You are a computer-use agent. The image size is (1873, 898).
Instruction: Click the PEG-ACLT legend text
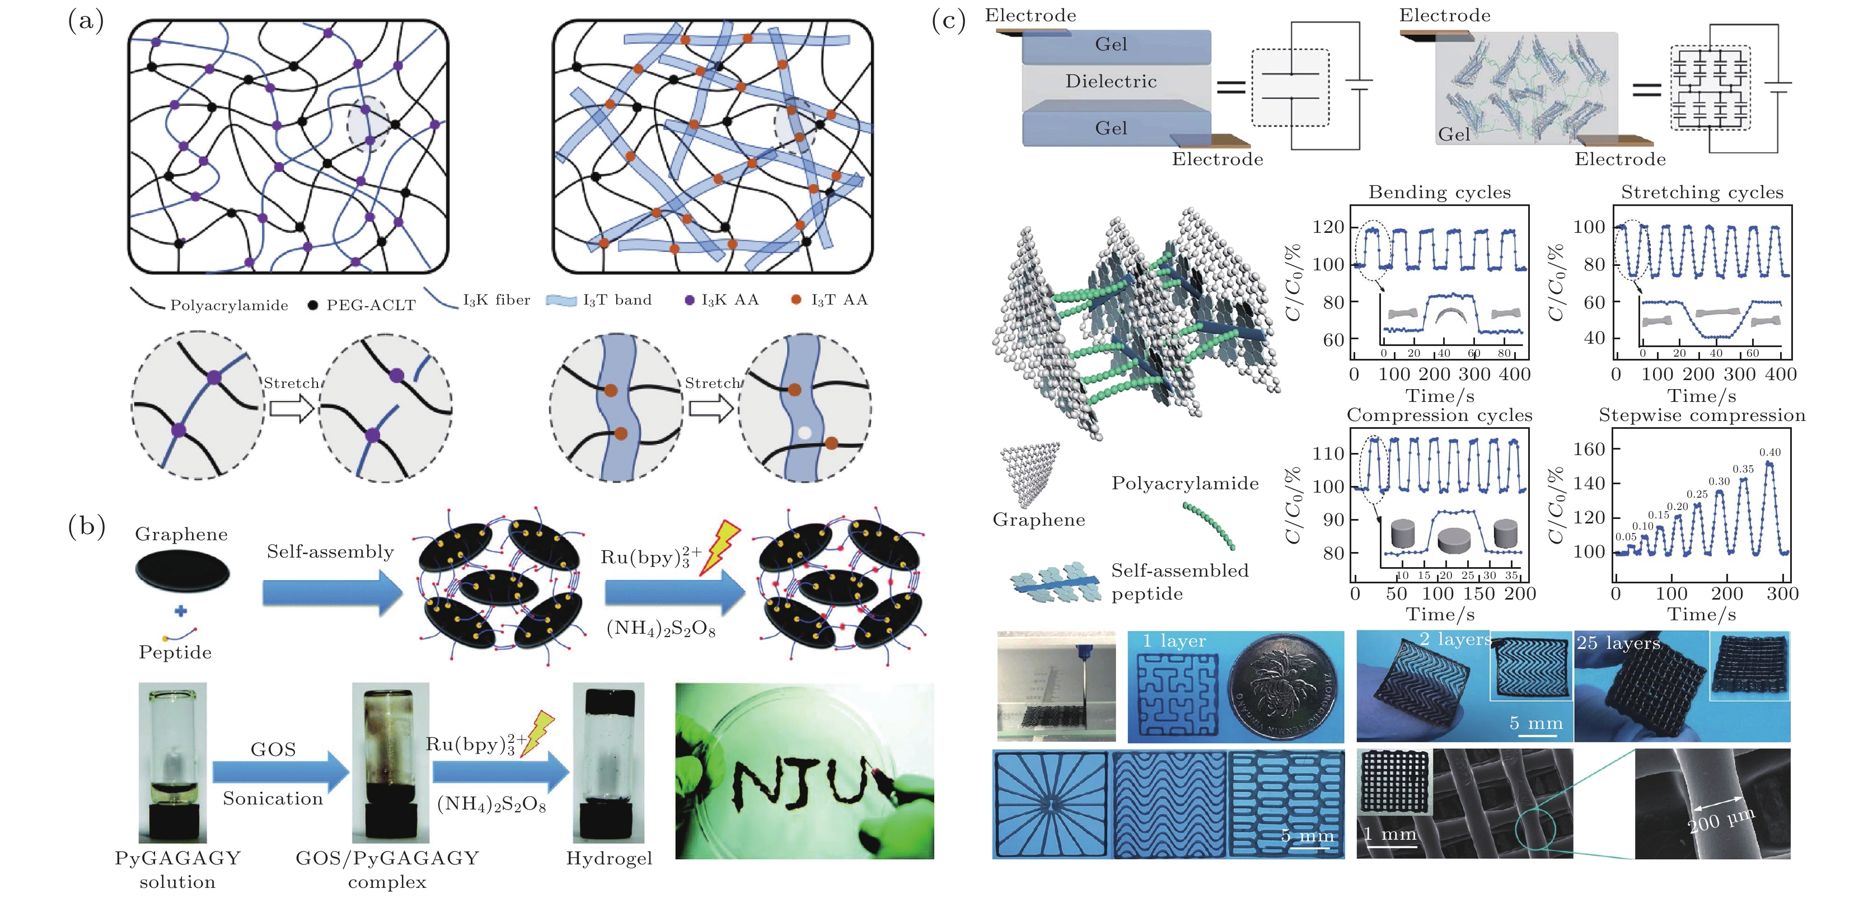pyautogui.click(x=371, y=305)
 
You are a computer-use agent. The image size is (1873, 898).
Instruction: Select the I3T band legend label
pyautogui.click(x=616, y=300)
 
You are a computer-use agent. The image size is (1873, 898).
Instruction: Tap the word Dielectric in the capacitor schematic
pyautogui.click(x=1110, y=81)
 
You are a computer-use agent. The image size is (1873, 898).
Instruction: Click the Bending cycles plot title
pyautogui.click(x=1439, y=193)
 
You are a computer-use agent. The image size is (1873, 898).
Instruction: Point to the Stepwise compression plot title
pyautogui.click(x=1701, y=415)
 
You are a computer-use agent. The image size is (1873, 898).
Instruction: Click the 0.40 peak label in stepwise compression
pyautogui.click(x=1770, y=452)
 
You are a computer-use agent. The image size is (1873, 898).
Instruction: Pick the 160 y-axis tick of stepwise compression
pyautogui.click(x=1589, y=448)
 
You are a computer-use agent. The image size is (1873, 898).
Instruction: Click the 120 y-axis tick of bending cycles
pyautogui.click(x=1328, y=227)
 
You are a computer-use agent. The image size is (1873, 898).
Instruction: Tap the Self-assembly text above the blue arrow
pyautogui.click(x=330, y=552)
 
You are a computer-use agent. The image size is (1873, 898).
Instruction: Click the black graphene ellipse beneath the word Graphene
pyautogui.click(x=182, y=571)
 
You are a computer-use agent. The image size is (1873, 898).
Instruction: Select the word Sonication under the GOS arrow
pyautogui.click(x=273, y=798)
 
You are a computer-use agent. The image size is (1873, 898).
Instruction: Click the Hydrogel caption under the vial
pyautogui.click(x=608, y=859)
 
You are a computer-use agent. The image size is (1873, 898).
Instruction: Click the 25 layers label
pyautogui.click(x=1618, y=643)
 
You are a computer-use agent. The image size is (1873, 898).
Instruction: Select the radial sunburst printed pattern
pyautogui.click(x=1051, y=804)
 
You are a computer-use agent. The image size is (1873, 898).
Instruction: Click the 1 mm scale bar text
pyautogui.click(x=1389, y=834)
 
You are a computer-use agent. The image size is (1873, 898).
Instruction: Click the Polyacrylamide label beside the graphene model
pyautogui.click(x=1184, y=484)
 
